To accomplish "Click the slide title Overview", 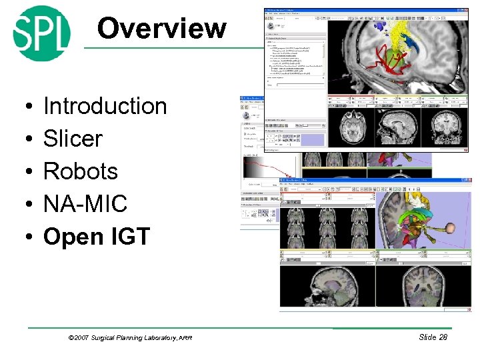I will [161, 29].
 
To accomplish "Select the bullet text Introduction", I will [105, 106].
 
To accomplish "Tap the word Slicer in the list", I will [73, 139].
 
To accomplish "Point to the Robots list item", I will [80, 171].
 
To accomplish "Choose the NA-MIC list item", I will [85, 204].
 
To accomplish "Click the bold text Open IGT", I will [97, 237].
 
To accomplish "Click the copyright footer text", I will [130, 338].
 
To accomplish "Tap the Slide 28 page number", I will [433, 337].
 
